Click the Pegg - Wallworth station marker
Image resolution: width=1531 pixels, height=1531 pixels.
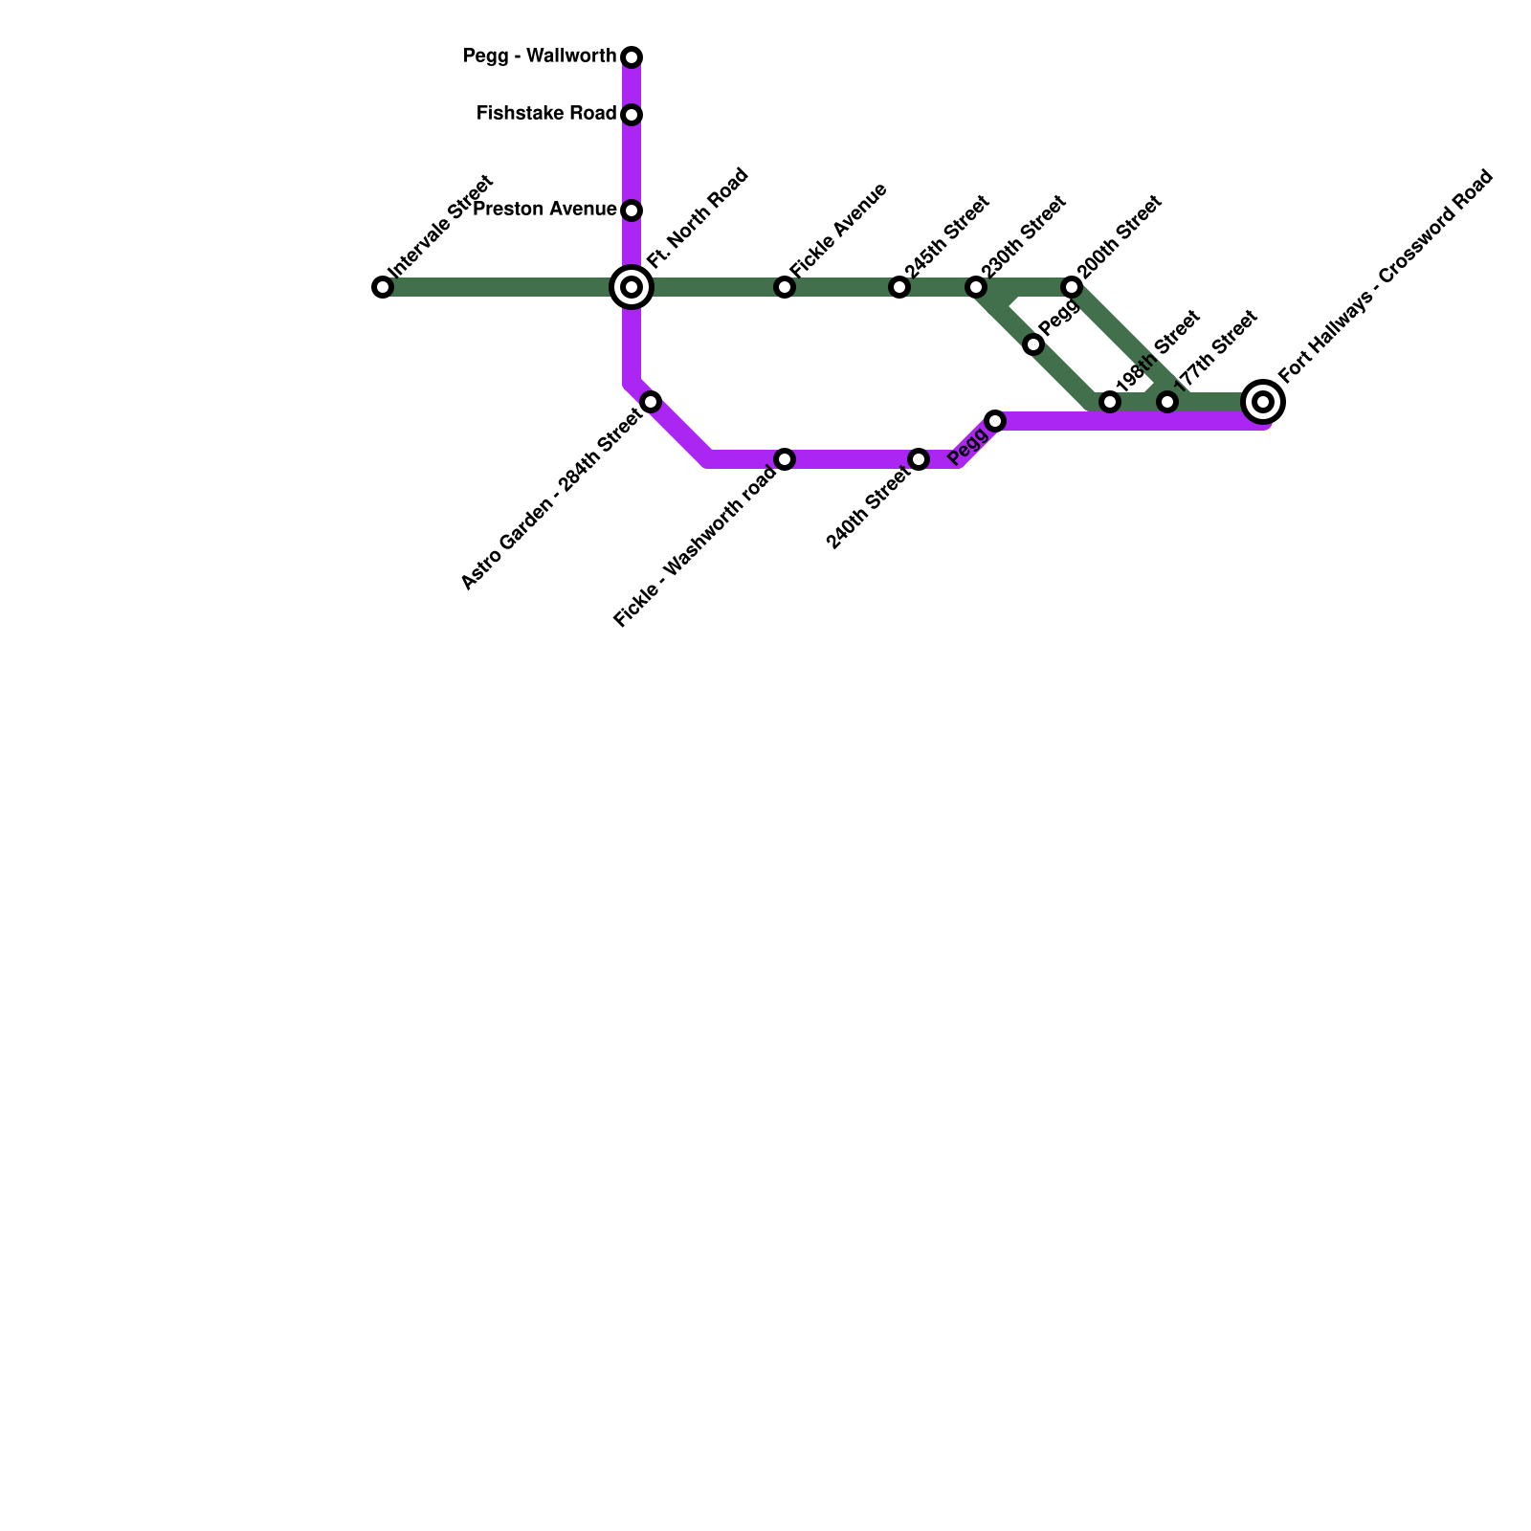[x=632, y=57]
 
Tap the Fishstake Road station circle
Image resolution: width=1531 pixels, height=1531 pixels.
[x=632, y=115]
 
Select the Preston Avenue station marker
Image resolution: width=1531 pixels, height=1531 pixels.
[x=632, y=211]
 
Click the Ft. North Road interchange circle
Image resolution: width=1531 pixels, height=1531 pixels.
[x=632, y=287]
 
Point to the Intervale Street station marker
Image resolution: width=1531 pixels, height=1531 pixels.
[x=383, y=287]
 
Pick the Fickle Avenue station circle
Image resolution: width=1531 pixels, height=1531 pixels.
[x=785, y=287]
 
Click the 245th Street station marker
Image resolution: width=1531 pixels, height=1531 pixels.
[x=899, y=287]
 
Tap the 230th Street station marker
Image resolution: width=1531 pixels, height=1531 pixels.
[x=976, y=287]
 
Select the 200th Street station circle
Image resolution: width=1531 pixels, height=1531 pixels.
[x=1072, y=287]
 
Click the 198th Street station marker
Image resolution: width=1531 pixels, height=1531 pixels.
[x=1110, y=402]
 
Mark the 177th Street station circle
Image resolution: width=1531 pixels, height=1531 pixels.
[x=1167, y=402]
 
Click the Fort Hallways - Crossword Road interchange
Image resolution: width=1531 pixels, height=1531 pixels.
[x=1263, y=402]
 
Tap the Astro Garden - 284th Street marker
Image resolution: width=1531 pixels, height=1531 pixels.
[x=651, y=402]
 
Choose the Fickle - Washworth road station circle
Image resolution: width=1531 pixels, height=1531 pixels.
[x=785, y=459]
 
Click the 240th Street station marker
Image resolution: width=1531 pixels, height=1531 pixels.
[x=919, y=459]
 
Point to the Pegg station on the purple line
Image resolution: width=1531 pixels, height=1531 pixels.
[x=995, y=421]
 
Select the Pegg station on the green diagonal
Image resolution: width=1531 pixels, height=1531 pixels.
[x=1033, y=344]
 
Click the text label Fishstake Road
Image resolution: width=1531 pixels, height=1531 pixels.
[x=546, y=114]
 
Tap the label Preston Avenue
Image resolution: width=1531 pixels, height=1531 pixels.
[x=544, y=210]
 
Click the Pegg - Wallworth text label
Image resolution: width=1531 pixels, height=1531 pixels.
[x=540, y=56]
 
